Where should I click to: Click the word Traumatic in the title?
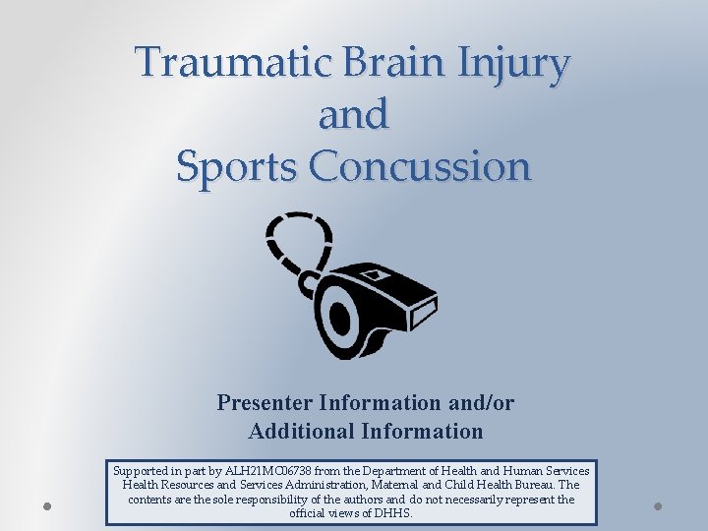(x=211, y=63)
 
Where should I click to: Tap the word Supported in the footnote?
(x=144, y=471)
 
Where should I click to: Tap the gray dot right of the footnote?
(x=659, y=505)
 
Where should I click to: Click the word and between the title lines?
(x=353, y=115)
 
